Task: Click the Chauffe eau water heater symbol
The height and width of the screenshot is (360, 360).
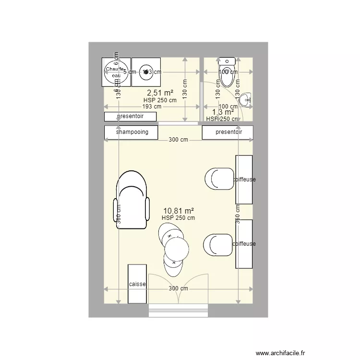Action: coord(116,72)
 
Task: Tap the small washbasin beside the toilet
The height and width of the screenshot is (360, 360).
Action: coord(247,99)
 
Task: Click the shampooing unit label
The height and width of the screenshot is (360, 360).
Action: coord(131,132)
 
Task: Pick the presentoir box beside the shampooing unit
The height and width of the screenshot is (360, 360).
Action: coord(228,132)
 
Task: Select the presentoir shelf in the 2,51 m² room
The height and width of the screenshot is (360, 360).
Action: coord(130,116)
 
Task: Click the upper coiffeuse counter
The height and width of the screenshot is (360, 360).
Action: coord(244,180)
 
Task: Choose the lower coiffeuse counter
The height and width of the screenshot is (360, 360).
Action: coord(244,244)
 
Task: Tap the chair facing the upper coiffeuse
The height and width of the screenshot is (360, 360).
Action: coord(218,180)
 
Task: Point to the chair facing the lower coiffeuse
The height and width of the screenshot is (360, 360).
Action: coord(218,245)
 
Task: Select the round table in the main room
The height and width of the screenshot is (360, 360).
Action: coord(176,250)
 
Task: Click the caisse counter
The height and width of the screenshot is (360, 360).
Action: coord(137,284)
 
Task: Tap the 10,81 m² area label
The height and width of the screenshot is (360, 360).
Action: coord(179,210)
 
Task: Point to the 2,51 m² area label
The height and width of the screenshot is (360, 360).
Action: coord(160,93)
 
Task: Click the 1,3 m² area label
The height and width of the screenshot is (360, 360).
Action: coord(223,112)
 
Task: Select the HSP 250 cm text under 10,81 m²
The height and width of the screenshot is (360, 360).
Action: coord(179,218)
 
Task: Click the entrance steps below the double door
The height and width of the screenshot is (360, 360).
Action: coord(178,311)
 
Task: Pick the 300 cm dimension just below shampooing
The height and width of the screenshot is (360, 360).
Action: coord(178,140)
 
